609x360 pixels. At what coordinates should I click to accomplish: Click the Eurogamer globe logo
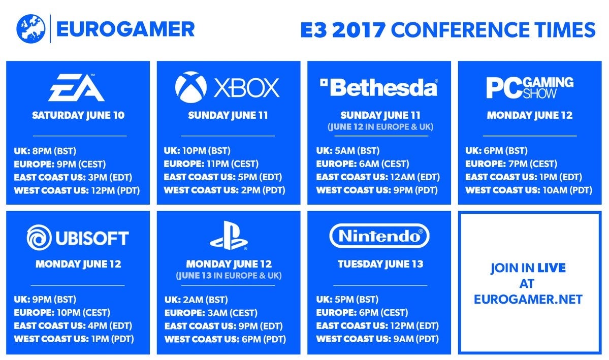point(30,29)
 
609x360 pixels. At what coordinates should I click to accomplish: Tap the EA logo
point(77,87)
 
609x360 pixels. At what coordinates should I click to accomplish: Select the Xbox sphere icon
point(190,87)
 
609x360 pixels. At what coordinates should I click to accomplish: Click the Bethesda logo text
point(379,87)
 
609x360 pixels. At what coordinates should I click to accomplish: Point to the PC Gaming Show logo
point(530,87)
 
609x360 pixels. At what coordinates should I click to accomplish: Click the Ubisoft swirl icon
point(39,237)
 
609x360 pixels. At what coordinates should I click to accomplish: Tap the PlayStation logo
point(229,235)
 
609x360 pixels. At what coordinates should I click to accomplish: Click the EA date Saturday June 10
point(78,115)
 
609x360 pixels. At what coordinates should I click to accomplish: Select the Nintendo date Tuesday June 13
point(380,264)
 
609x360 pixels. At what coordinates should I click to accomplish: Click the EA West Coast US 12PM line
point(77,191)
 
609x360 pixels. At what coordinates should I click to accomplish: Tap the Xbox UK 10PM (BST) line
point(197,151)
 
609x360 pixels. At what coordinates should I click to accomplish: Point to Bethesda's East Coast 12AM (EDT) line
point(378,177)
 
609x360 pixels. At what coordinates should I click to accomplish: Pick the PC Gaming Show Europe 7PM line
point(511,164)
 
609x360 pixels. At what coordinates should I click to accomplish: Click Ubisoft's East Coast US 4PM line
point(73,326)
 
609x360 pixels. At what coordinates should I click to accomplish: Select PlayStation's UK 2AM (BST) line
point(196,300)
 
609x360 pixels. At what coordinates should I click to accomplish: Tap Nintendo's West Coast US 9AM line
point(377,339)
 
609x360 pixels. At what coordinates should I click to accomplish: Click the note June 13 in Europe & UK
point(229,276)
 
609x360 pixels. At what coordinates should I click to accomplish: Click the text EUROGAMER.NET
point(528,300)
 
